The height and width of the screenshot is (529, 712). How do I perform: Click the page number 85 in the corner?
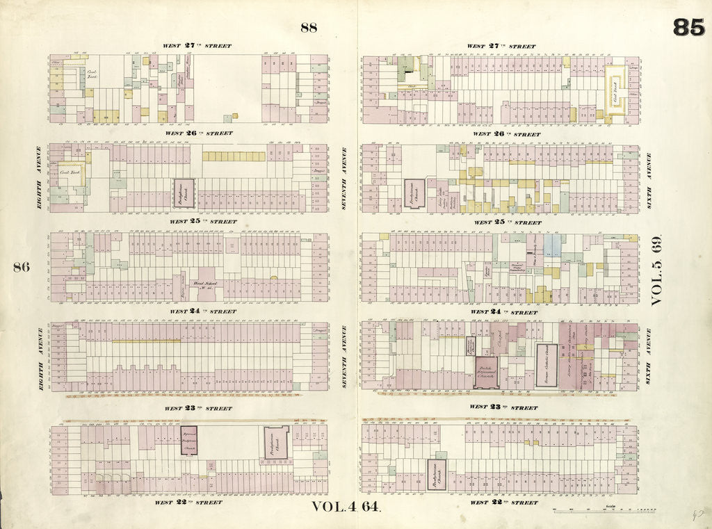coord(688,28)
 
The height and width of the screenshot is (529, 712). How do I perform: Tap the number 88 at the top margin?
coord(309,28)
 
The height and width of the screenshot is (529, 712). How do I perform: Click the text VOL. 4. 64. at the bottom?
coord(345,507)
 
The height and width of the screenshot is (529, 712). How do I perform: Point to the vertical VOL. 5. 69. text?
coord(658,270)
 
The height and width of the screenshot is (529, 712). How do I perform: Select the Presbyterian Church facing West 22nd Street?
coord(436,475)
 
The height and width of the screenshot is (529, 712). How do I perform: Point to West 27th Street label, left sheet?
coord(197,46)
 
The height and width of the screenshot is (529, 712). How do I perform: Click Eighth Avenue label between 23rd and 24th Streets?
coord(40,356)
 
